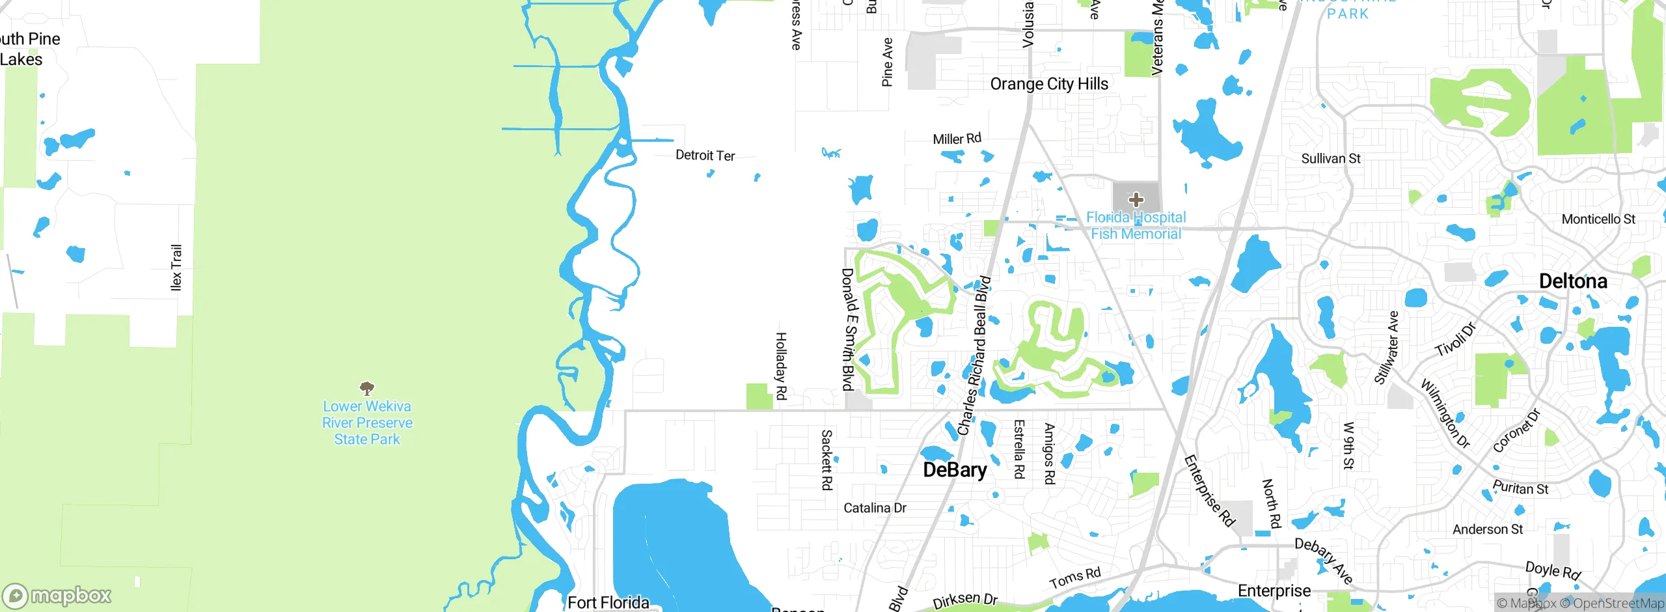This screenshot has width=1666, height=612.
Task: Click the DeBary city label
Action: click(955, 470)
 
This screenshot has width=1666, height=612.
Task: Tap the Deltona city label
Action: click(1573, 281)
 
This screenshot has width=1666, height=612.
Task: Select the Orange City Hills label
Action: click(1048, 84)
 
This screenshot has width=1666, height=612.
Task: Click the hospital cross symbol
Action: click(1136, 199)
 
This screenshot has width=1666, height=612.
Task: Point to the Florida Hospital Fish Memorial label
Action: click(1136, 225)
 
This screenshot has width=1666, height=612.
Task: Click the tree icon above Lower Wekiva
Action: click(367, 389)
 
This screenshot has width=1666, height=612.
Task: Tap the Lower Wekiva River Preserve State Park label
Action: click(367, 423)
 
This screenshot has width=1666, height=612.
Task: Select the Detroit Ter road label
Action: click(705, 156)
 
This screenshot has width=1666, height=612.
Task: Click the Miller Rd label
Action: click(957, 139)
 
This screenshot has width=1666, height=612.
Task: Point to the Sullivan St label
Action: click(1330, 159)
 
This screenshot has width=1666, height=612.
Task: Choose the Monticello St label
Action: click(1598, 219)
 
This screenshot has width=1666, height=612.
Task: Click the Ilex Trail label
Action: click(176, 268)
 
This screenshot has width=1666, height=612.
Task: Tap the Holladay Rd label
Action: click(781, 366)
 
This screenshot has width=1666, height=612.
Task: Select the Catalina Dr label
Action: click(875, 508)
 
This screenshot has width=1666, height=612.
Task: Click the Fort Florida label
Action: click(608, 602)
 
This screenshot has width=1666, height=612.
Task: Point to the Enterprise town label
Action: click(1274, 591)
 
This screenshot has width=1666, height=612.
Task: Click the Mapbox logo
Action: click(57, 595)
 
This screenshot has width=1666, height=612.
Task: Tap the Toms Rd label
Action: click(1074, 577)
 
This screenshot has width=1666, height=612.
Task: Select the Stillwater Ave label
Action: click(1386, 348)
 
